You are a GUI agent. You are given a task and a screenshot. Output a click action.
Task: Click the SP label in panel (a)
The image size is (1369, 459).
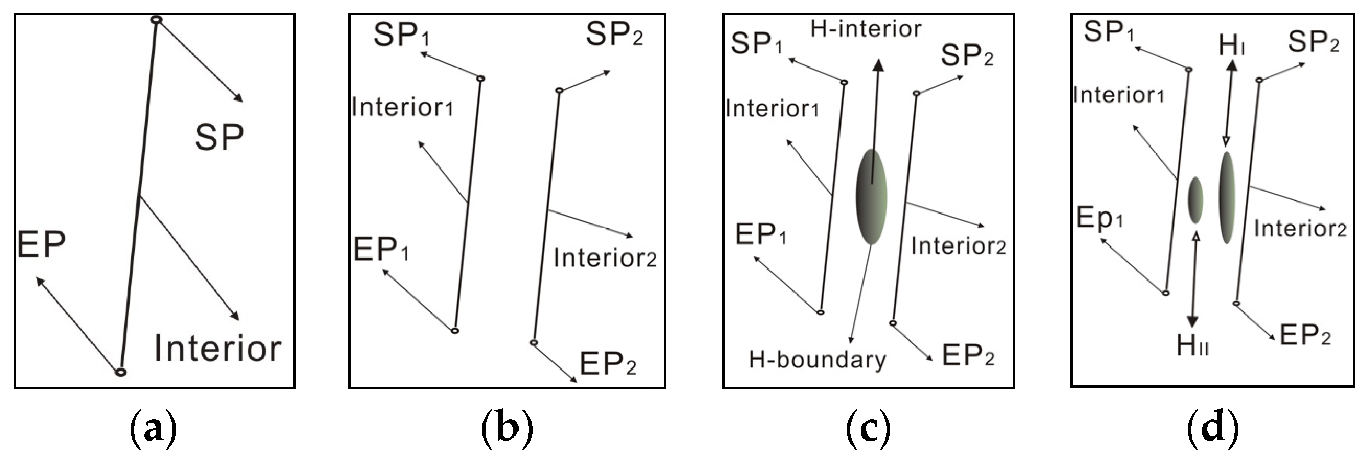219,137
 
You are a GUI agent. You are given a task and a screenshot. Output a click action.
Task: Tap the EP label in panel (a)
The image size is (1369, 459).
41,244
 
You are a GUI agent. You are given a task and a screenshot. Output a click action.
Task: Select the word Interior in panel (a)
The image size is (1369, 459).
217,349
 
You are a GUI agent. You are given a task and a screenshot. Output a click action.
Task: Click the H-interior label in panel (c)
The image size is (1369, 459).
866,29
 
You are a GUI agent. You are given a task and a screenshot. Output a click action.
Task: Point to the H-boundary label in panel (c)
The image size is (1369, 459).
818,360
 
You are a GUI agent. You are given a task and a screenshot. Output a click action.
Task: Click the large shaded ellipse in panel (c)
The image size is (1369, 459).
871,197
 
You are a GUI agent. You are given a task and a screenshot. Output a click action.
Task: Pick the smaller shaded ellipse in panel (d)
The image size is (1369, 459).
1195,200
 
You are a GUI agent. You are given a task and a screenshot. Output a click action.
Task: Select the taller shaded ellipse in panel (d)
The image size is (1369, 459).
1227,198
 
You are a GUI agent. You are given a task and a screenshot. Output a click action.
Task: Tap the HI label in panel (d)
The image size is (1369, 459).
1232,46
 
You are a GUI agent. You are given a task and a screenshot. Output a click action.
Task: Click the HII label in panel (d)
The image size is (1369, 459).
1192,346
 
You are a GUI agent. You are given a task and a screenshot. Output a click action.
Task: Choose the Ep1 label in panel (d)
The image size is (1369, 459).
1099,218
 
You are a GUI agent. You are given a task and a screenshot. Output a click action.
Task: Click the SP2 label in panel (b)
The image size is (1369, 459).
614,35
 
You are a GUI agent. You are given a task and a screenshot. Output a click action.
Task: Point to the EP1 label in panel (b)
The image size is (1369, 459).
381,249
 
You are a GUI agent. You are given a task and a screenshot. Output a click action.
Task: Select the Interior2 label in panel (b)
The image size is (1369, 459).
605,259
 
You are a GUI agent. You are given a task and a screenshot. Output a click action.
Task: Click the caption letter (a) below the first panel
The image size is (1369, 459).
153,429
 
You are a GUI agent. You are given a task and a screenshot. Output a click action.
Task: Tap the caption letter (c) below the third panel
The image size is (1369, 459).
868,429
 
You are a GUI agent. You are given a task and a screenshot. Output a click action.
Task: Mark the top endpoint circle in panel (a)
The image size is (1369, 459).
156,20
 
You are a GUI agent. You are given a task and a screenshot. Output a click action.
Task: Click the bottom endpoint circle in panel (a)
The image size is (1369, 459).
121,372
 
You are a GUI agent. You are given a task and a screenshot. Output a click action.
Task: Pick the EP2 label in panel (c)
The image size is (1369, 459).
968,355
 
